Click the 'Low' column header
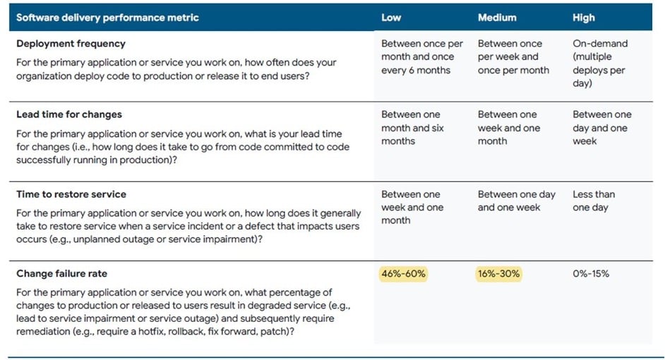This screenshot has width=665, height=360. (391, 18)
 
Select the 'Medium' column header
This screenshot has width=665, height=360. (497, 18)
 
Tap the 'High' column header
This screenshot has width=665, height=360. (584, 18)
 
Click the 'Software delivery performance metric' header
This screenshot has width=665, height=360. (107, 18)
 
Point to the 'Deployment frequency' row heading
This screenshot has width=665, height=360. (71, 44)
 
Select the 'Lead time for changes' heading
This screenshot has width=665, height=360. (69, 114)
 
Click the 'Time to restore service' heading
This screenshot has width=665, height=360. (71, 194)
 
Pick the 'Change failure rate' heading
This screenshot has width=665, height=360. (61, 274)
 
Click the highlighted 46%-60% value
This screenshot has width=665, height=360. (404, 274)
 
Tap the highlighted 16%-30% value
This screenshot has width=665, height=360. (499, 274)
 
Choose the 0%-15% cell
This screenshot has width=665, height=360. (591, 274)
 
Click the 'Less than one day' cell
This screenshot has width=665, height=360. (594, 200)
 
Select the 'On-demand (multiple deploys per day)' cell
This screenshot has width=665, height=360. (599, 63)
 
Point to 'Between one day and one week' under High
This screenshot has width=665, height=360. (601, 128)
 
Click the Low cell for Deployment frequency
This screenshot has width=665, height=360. (421, 56)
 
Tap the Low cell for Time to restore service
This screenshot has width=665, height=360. (412, 207)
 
